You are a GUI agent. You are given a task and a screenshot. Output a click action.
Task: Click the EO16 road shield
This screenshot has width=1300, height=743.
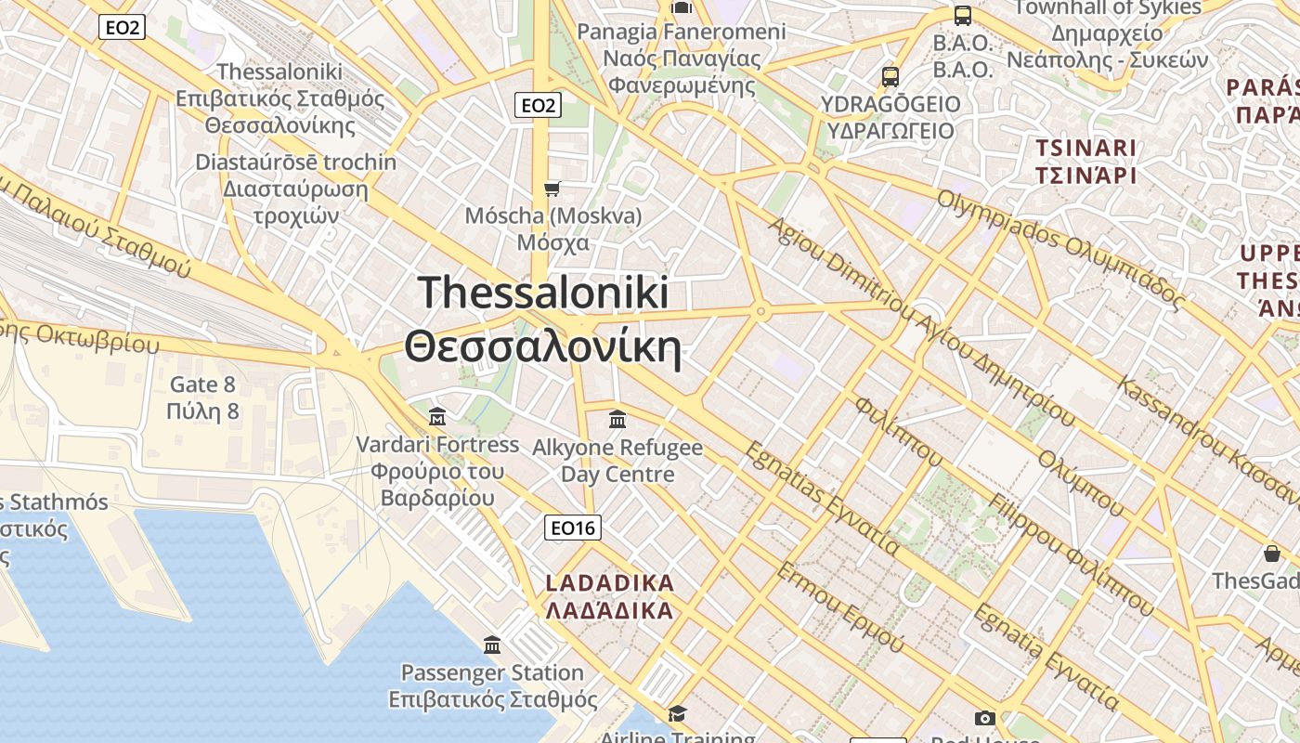click(572, 528)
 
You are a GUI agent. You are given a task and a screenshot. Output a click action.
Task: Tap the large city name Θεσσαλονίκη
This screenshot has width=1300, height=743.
click(543, 347)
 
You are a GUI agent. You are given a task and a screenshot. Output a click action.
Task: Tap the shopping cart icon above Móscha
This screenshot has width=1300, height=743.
click(552, 189)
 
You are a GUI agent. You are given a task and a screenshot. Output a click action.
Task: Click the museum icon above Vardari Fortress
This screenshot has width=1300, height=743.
click(437, 416)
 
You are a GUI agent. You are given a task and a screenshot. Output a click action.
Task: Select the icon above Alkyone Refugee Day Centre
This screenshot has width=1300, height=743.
click(617, 420)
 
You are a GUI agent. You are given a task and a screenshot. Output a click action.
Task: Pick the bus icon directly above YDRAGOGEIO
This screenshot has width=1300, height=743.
click(890, 76)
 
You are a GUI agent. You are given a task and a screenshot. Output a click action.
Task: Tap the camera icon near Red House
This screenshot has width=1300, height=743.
click(985, 718)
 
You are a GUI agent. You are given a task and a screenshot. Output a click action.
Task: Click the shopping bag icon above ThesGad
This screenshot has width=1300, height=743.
click(1272, 554)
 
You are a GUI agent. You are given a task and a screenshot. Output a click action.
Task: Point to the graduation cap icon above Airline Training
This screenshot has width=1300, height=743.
click(677, 713)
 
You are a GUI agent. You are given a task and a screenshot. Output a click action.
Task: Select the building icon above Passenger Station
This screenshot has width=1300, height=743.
click(492, 645)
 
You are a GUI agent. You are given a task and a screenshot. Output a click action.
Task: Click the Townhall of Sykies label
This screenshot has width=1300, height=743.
click(1108, 7)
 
